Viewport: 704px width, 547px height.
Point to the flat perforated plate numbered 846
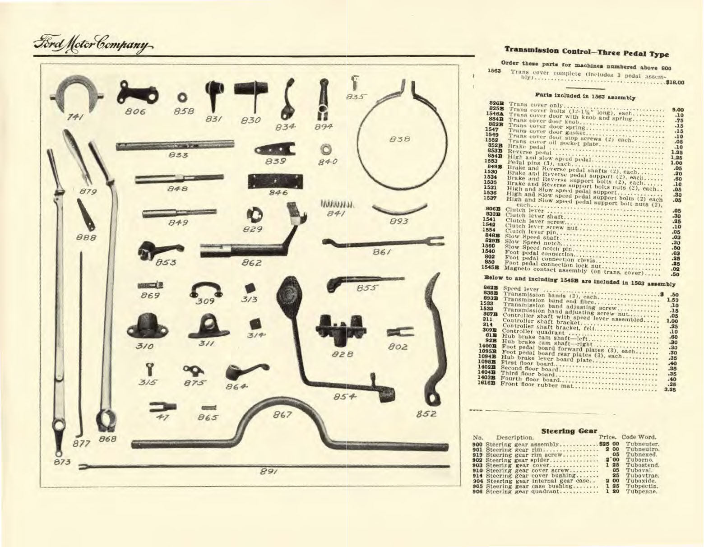274,181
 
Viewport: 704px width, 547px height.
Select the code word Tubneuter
643,444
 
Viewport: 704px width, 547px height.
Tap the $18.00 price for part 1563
674,82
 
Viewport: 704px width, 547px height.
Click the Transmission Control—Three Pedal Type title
586,51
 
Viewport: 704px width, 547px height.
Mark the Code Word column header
639,437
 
